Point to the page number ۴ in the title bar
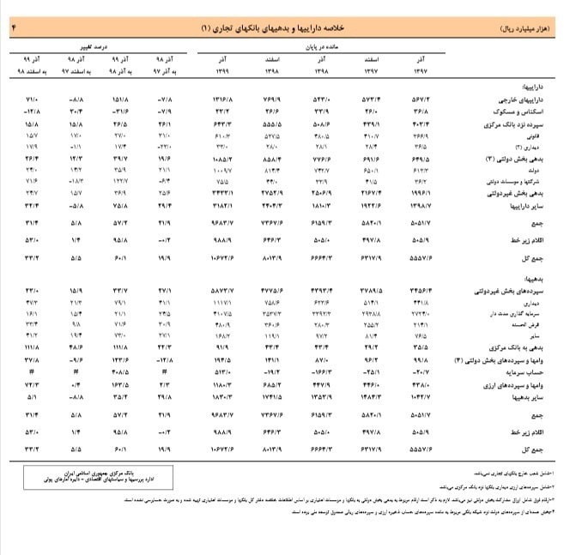point(13,28)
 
